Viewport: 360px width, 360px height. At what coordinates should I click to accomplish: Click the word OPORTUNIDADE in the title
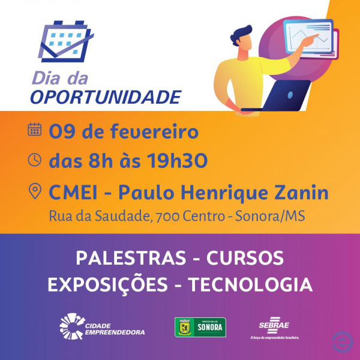106,97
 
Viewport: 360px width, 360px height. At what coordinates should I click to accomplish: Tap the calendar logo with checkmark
66,41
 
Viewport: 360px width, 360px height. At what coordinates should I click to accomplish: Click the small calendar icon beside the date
35,129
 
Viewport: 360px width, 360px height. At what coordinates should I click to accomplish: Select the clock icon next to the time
35,160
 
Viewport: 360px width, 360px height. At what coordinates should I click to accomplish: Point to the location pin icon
35,191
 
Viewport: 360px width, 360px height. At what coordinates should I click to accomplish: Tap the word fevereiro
154,131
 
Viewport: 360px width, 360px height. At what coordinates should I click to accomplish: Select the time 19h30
177,160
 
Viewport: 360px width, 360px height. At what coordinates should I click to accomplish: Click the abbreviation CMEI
73,193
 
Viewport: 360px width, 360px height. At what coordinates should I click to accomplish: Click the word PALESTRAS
131,258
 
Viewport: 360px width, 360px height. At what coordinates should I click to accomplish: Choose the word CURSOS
245,258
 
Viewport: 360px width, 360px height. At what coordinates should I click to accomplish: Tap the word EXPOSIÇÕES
107,284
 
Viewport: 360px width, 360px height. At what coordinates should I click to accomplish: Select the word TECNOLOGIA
250,284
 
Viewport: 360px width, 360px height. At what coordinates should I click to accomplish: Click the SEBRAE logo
274,328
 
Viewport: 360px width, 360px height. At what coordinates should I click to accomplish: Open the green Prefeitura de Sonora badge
200,327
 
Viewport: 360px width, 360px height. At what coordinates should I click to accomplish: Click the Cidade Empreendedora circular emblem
73,326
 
